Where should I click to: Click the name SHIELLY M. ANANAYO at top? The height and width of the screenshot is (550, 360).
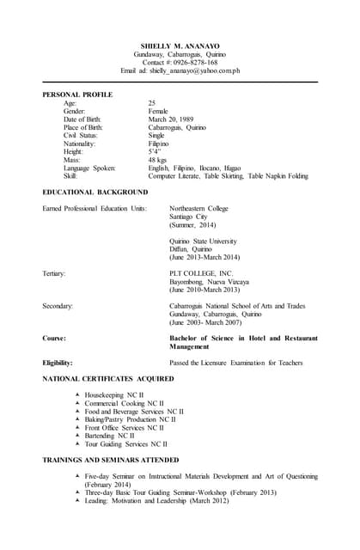(x=180, y=46)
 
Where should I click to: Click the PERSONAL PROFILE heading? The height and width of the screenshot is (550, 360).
(x=77, y=94)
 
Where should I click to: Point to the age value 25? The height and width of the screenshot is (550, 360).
(x=152, y=102)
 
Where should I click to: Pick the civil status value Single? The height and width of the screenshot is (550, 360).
(x=156, y=135)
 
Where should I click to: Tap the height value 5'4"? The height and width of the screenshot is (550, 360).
(x=155, y=151)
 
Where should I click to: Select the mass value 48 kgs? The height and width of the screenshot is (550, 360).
(x=157, y=160)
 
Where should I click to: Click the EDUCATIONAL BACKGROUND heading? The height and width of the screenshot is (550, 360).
(x=95, y=191)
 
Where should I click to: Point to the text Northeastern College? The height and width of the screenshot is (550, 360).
(x=199, y=208)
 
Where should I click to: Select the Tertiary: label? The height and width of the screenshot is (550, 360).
(x=54, y=273)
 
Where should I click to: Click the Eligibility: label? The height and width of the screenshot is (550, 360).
(x=58, y=363)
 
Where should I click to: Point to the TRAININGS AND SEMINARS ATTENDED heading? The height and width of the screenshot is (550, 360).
(x=111, y=460)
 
